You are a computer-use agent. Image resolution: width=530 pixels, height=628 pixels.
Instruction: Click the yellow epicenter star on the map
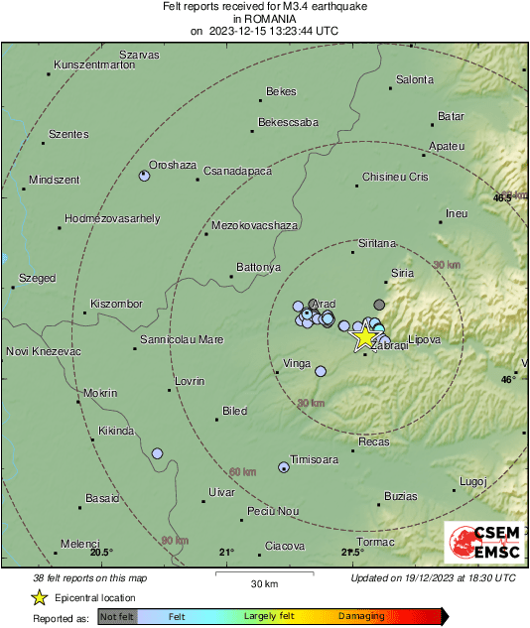click(x=365, y=337)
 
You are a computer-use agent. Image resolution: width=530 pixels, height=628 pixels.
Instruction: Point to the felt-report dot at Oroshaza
click(x=144, y=176)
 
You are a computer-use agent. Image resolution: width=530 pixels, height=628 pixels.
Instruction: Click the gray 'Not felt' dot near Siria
click(x=379, y=304)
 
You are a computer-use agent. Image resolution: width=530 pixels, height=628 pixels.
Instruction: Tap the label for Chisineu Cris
click(x=394, y=177)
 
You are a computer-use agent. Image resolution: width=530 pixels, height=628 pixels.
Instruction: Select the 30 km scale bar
click(x=263, y=572)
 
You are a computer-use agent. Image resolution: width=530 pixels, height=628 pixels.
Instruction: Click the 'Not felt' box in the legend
click(x=116, y=617)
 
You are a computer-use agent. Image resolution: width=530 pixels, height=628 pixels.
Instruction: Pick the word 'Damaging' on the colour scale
click(x=361, y=617)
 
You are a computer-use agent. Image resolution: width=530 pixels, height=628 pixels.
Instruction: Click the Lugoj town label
click(x=473, y=481)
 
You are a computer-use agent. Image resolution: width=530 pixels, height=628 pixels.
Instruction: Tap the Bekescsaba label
click(x=288, y=123)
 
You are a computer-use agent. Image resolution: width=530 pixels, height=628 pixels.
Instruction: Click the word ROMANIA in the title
click(x=264, y=19)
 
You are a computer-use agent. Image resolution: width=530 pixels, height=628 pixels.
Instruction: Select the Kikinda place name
click(x=117, y=432)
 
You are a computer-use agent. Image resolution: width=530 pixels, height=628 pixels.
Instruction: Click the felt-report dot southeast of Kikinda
click(x=157, y=453)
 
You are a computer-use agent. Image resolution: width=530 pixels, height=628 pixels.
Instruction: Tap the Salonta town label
click(x=415, y=79)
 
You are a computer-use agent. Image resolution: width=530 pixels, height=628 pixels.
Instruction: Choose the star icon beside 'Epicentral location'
click(x=39, y=597)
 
